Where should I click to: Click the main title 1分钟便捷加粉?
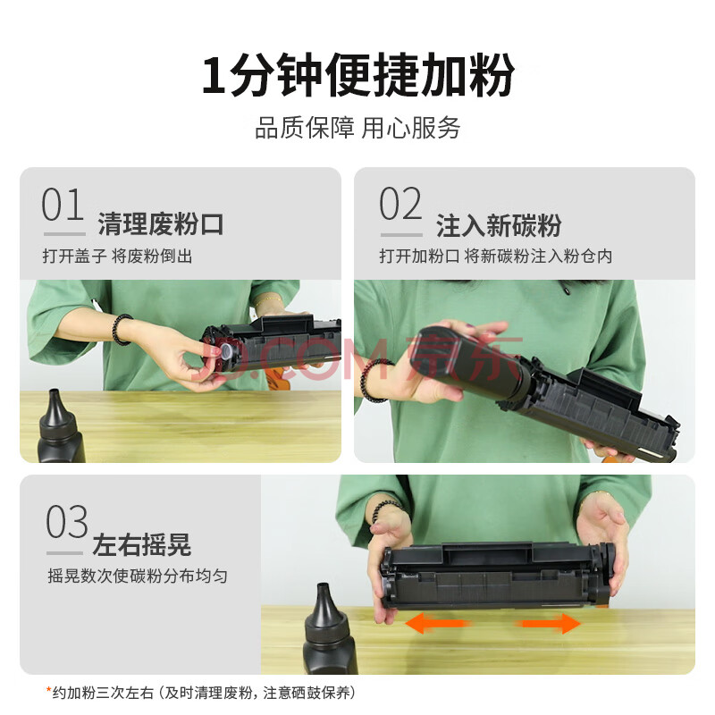coord(358,75)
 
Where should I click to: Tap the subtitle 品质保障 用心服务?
coord(357,128)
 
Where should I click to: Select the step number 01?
coord(63,205)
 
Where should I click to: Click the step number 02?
coord(400,204)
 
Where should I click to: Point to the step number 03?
coord(66,522)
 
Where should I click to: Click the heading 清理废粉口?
coord(161,224)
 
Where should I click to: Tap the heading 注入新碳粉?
coord(499,225)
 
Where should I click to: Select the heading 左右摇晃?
coord(141,544)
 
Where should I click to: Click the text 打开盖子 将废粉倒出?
coord(117,256)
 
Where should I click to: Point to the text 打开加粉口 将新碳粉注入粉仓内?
coord(496,256)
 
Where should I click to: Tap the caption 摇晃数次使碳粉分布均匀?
coord(138,576)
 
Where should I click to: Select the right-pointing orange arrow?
coord(549,623)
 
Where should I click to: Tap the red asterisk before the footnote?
coord(48,689)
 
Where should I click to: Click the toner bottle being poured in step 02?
coord(465,360)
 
